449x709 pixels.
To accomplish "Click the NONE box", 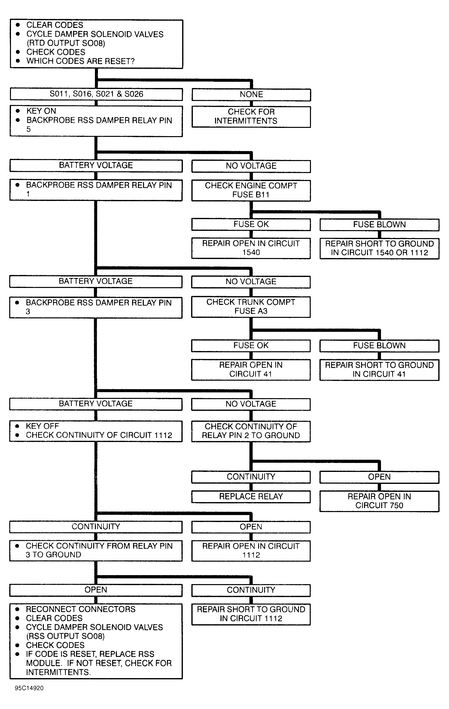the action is (251, 95).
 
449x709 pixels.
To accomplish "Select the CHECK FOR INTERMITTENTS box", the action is (251, 117).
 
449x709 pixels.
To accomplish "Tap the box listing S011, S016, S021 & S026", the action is (96, 94).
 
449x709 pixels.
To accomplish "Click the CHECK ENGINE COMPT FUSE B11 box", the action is (251, 190).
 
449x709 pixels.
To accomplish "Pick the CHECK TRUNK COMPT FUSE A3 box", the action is (251, 307).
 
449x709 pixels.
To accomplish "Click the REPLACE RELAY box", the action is (251, 496).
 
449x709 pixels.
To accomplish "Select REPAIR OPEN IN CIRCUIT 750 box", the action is (379, 501).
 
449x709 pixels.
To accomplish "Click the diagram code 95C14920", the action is (29, 688).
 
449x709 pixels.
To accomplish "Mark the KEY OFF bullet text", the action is (42, 426).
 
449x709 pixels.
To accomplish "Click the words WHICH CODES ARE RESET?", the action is (80, 61).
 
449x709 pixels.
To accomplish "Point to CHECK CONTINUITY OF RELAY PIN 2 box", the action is (251, 431).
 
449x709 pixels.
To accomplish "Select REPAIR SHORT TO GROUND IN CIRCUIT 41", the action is (379, 369).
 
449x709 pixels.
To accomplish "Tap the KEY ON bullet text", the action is (41, 111).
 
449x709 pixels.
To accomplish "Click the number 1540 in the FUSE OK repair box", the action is (251, 252).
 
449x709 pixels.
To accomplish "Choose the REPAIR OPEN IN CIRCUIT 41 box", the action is (251, 369).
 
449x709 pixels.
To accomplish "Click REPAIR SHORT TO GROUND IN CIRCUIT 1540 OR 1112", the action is (379, 248).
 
